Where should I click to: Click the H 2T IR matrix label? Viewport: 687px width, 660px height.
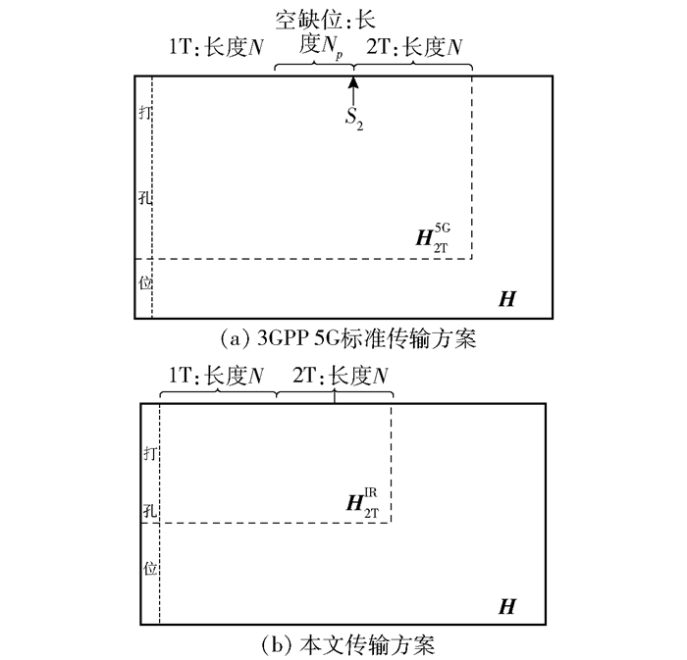pos(361,504)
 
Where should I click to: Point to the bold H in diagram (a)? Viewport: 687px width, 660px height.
pos(506,298)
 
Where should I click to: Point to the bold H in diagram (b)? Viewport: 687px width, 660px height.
pos(506,607)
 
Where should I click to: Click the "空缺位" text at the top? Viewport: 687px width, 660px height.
pos(312,18)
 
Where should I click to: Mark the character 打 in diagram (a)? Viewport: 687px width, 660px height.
pos(145,112)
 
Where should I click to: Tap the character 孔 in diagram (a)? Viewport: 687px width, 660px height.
pos(145,196)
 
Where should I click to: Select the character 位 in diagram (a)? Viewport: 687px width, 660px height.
pos(145,281)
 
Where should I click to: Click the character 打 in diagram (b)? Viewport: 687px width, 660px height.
pos(149,453)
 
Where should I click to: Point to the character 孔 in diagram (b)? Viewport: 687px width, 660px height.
pos(149,510)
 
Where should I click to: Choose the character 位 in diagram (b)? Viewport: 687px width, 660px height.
pos(149,567)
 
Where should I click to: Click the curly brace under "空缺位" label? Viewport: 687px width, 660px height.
pos(312,68)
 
